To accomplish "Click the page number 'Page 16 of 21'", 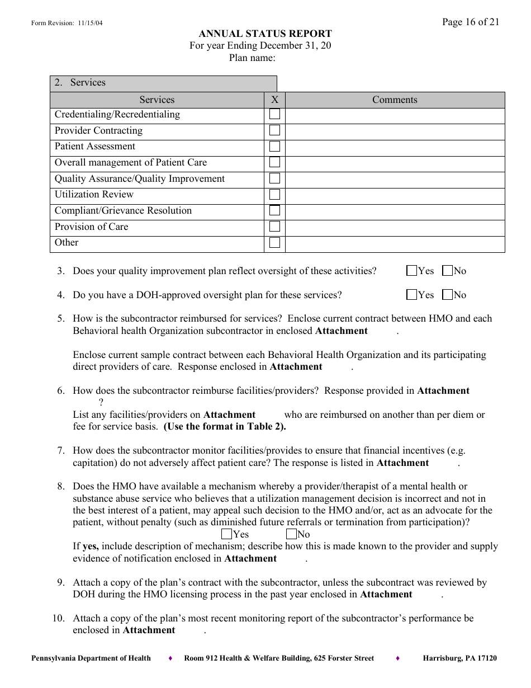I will click(x=470, y=22).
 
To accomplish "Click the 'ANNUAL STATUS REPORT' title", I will click(x=265, y=34).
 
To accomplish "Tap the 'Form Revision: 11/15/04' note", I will click(x=67, y=23).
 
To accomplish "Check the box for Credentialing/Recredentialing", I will click(x=274, y=115).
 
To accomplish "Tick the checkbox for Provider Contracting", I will click(x=274, y=130).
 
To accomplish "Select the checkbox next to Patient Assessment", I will click(x=274, y=147).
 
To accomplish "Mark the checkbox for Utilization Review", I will click(x=274, y=195).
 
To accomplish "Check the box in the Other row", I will click(x=274, y=243).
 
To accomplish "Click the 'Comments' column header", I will click(x=395, y=100).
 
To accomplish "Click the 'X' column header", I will click(x=274, y=100).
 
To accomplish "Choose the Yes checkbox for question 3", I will click(x=412, y=271).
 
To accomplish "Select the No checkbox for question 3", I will click(x=447, y=271).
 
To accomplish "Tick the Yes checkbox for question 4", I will click(x=412, y=295).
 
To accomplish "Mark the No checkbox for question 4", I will click(x=447, y=295).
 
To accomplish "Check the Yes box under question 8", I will click(x=227, y=534).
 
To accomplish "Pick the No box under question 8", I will click(x=291, y=534).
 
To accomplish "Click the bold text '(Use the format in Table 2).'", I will click(x=225, y=427).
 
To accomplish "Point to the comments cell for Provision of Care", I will click(x=395, y=227).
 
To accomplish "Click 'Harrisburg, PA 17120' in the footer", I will click(x=459, y=658).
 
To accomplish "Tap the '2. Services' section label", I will click(x=80, y=83).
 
